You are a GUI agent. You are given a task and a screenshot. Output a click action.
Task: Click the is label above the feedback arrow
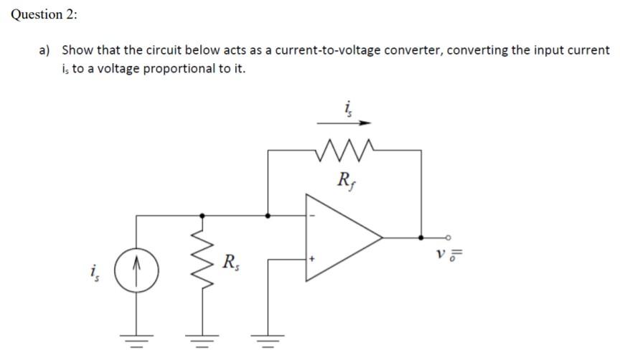click(349, 108)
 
